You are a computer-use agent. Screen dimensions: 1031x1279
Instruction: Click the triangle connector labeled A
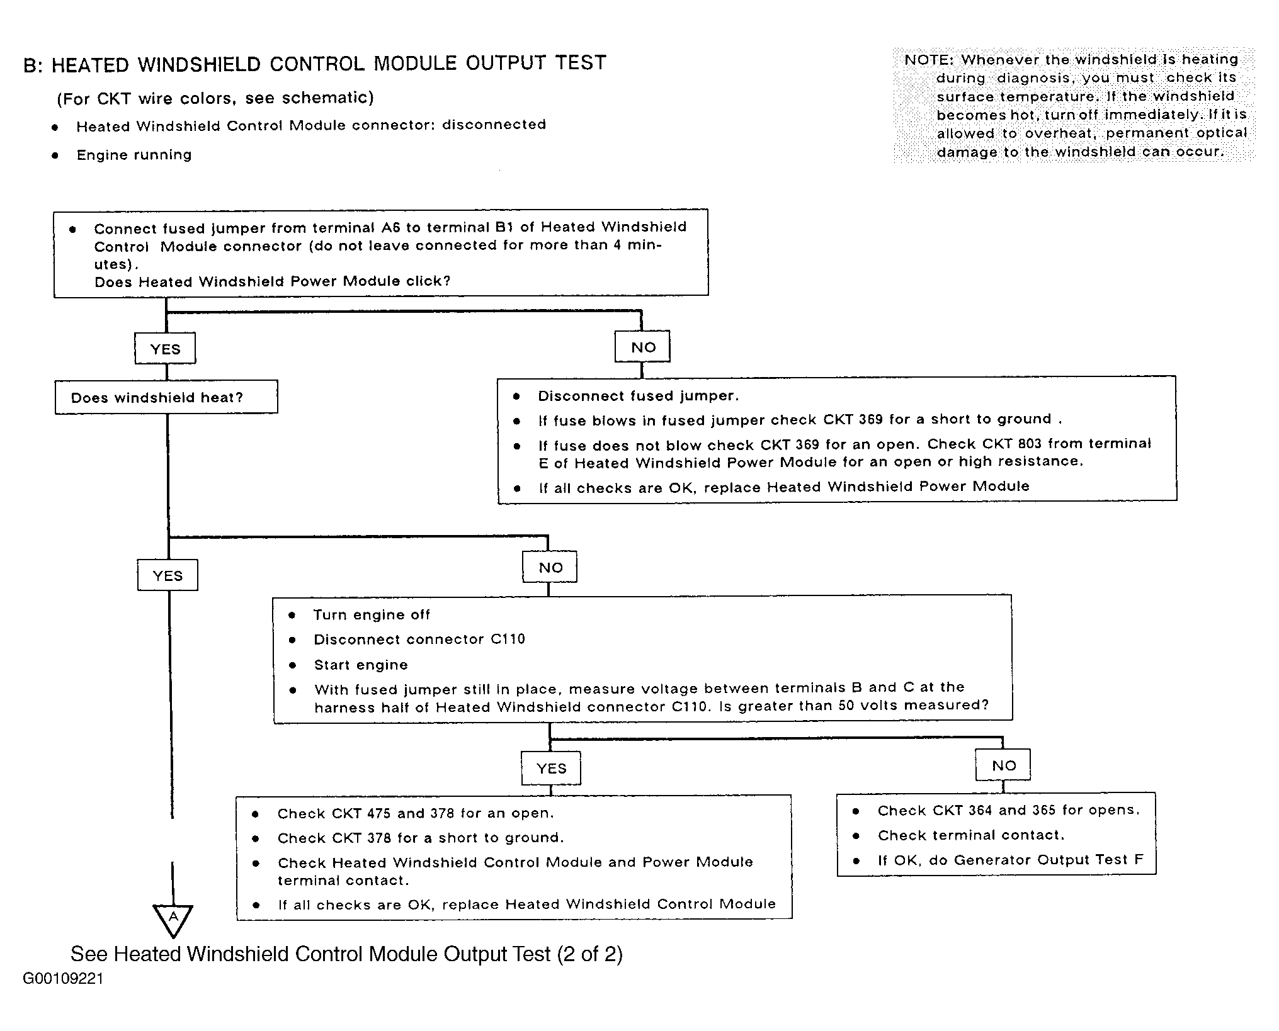[173, 918]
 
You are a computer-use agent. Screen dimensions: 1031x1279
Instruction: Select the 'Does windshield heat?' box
[166, 397]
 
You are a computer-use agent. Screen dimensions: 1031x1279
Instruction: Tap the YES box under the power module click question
[165, 349]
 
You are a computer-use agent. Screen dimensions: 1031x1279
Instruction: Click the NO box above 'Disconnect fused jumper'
[643, 347]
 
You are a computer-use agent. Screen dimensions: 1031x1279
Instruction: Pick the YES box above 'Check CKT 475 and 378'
[551, 768]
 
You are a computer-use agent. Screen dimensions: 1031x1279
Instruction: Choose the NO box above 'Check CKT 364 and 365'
[1003, 765]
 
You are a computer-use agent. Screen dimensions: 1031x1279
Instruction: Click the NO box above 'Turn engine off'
[550, 567]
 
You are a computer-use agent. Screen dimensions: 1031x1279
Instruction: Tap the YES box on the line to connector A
[168, 575]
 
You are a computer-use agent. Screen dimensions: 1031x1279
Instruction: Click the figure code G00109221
[63, 978]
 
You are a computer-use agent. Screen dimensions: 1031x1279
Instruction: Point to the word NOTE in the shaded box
[928, 60]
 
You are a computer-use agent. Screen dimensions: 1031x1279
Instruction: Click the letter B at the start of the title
[30, 65]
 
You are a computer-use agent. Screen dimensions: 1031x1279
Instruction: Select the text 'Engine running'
[134, 155]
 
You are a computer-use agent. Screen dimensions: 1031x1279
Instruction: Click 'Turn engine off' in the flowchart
[372, 614]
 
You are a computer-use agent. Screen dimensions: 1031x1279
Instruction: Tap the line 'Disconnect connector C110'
[419, 639]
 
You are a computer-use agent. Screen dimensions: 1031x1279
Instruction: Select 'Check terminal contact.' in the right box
[970, 835]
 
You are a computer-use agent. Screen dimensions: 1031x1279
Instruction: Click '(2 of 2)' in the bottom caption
[589, 954]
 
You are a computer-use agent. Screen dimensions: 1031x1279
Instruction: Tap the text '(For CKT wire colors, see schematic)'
[215, 98]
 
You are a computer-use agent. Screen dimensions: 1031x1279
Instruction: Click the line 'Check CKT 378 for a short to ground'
[421, 838]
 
